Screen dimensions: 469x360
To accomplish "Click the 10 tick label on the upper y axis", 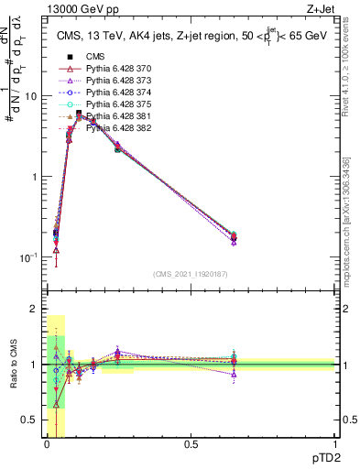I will click(29, 96).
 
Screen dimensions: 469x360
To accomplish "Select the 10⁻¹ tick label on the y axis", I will click(27, 257).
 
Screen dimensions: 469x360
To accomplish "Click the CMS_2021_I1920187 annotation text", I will click(191, 275).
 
